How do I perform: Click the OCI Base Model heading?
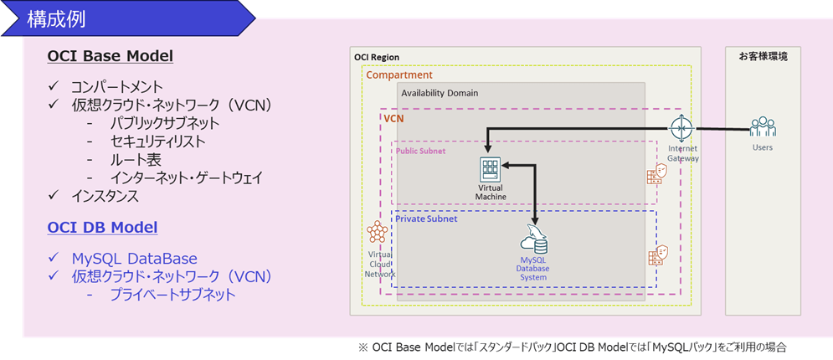click(111, 56)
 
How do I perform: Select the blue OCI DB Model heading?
click(103, 227)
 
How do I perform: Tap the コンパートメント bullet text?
click(116, 86)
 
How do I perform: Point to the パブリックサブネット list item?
click(164, 123)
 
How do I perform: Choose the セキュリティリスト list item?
click(157, 141)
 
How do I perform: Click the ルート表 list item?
click(135, 159)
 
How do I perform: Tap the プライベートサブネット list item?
click(172, 294)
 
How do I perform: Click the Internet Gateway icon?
click(682, 129)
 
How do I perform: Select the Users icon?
click(763, 127)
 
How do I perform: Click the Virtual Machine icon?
click(489, 169)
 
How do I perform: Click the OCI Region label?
click(377, 57)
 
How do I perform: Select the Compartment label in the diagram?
click(399, 75)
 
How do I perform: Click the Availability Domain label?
click(439, 92)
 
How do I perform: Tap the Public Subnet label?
click(421, 152)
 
